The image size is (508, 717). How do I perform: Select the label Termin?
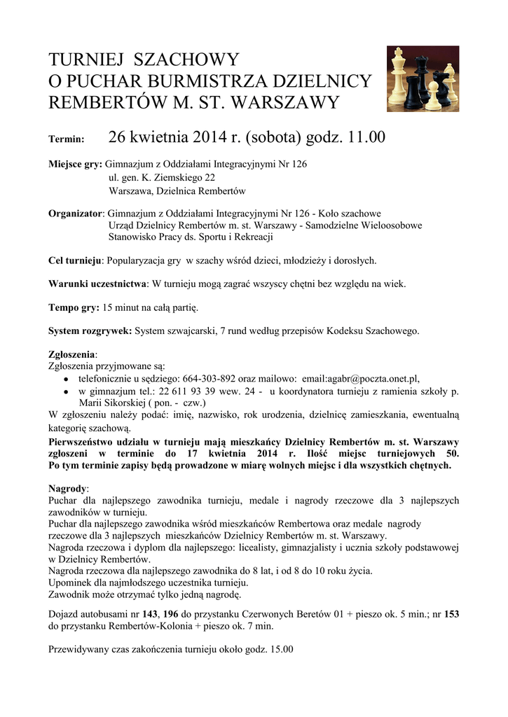click(67, 139)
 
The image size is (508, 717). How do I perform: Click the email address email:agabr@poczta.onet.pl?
click(360, 377)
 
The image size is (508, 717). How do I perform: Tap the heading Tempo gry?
click(74, 307)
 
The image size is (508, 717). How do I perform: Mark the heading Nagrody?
click(69, 488)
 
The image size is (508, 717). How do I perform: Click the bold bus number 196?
click(170, 614)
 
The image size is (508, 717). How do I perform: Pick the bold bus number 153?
click(452, 614)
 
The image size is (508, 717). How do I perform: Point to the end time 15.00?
click(280, 649)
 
